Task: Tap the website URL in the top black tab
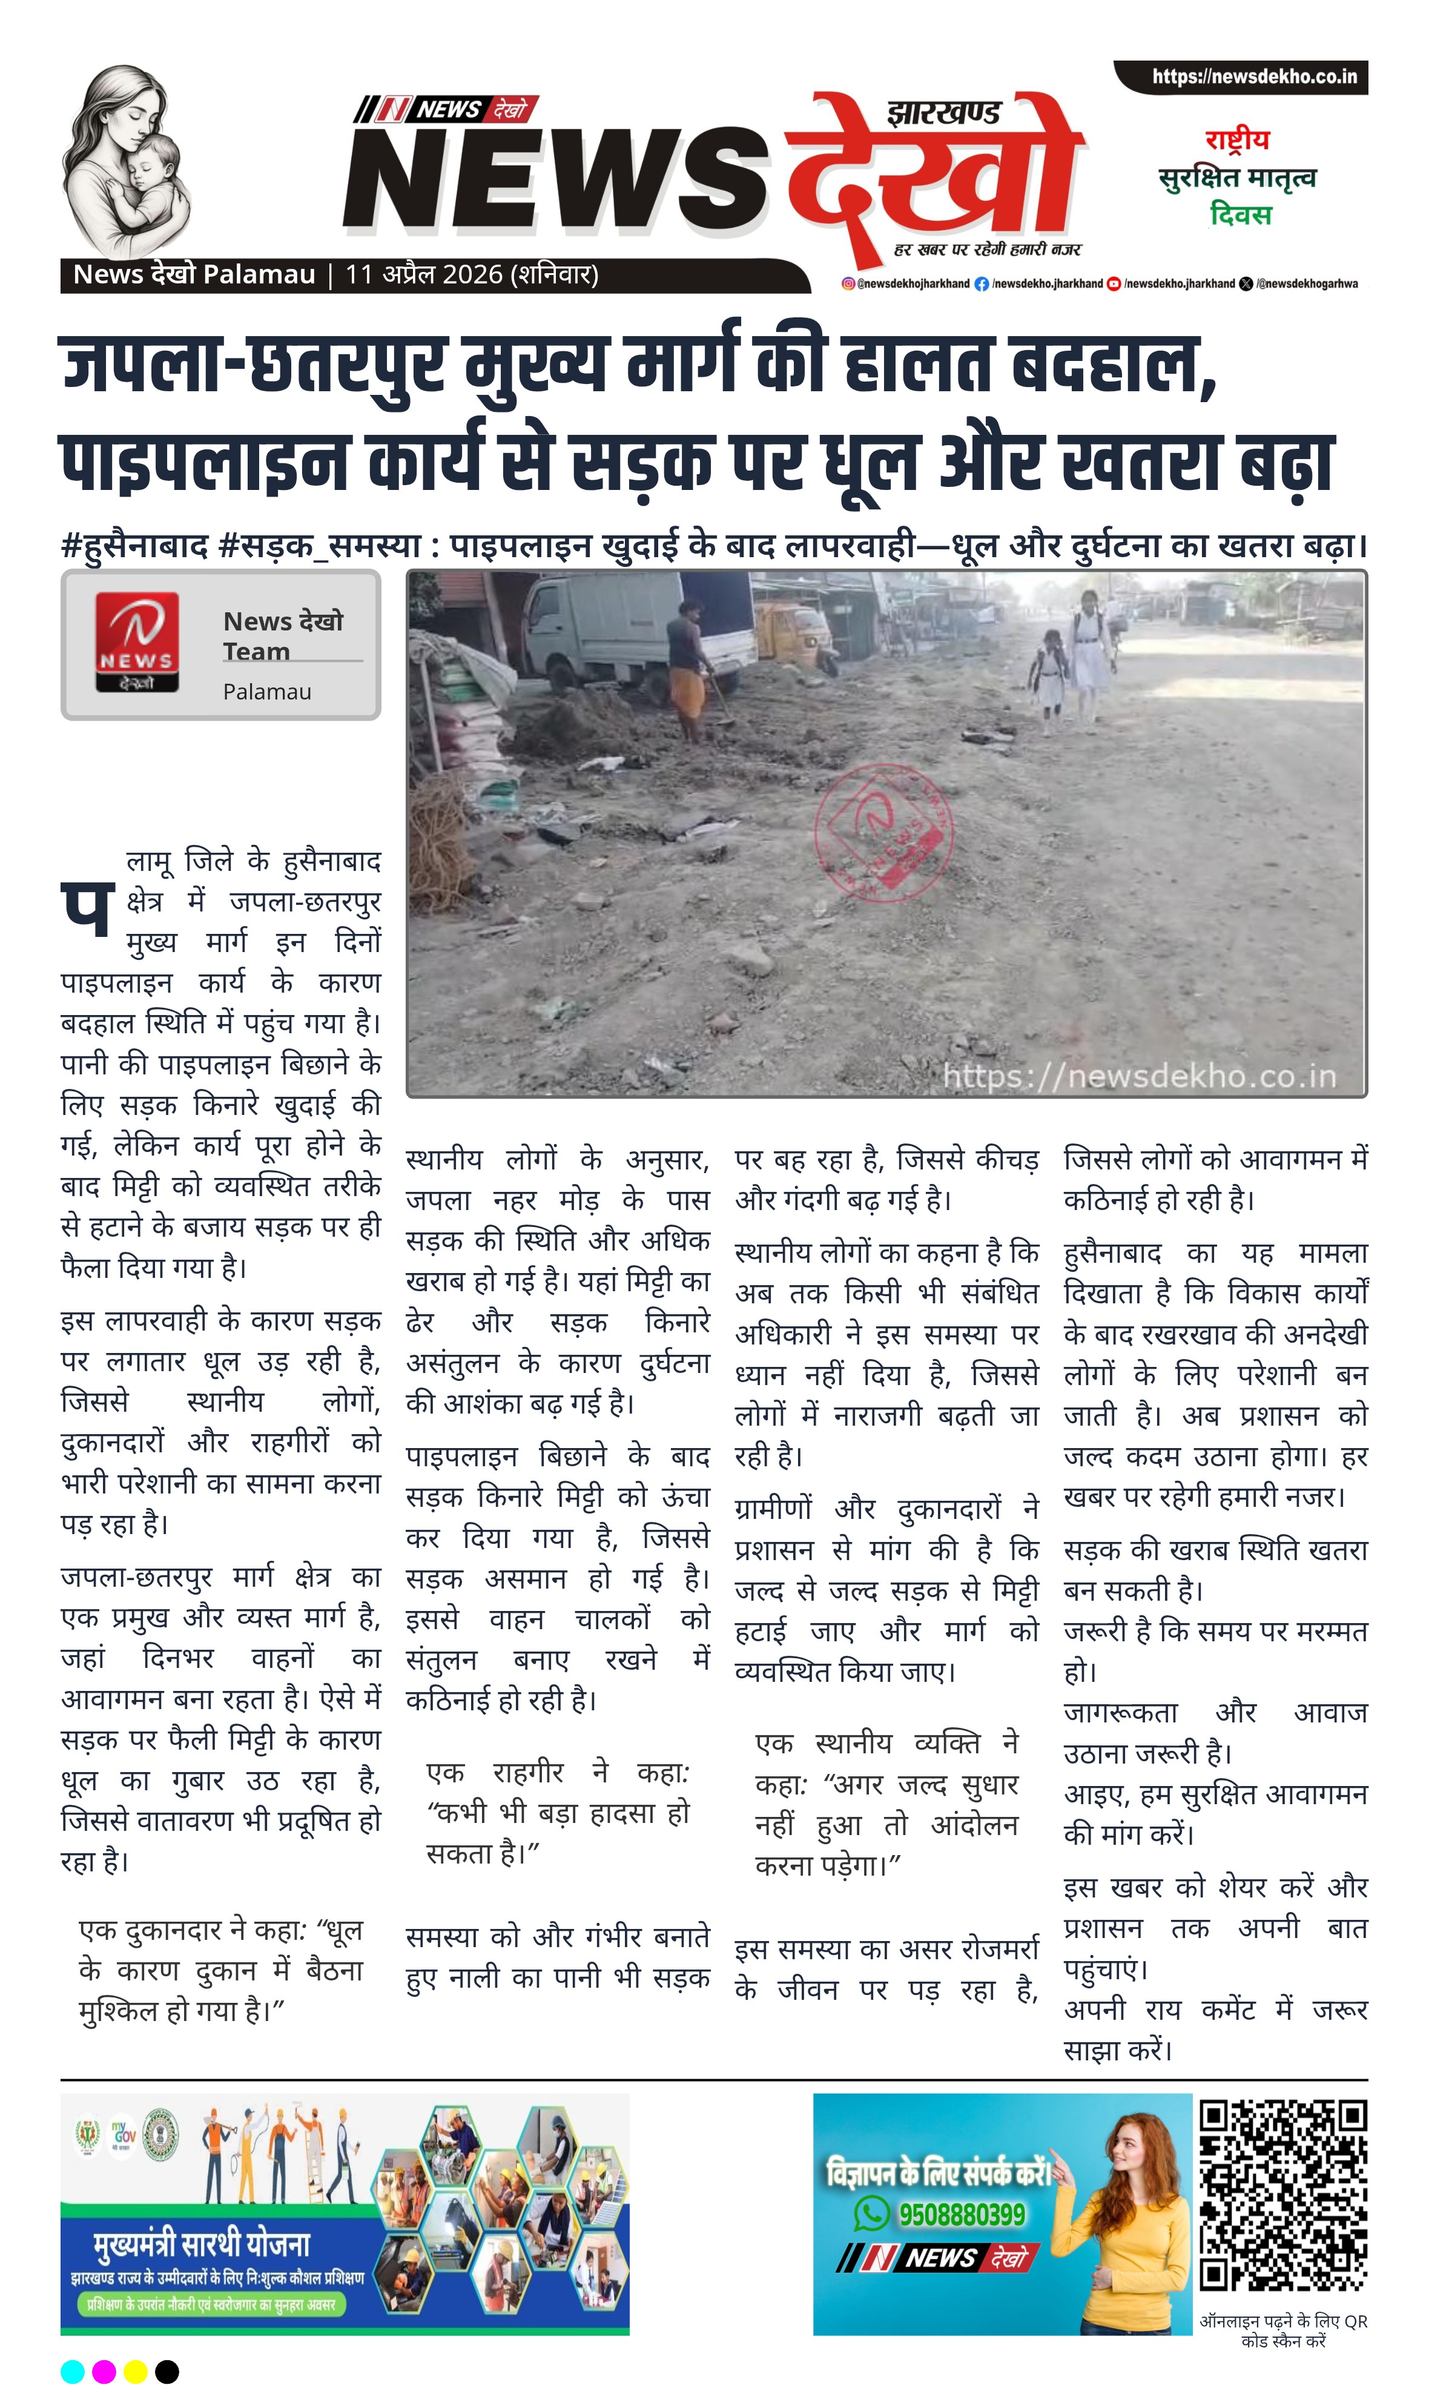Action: point(1254,77)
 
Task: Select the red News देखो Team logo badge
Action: point(137,642)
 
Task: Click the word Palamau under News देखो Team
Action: point(267,691)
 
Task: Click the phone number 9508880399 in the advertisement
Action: point(961,2215)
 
